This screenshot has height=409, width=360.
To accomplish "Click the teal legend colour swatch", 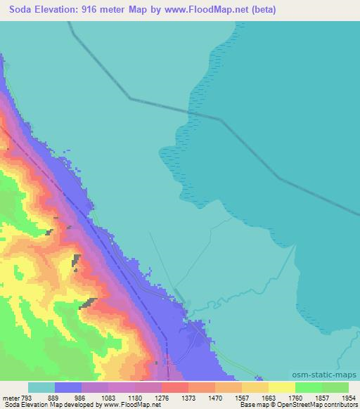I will [41, 388].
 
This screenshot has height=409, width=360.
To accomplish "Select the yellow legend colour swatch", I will [281, 388].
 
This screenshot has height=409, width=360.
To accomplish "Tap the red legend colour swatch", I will [174, 388].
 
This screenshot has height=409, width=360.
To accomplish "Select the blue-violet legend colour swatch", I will [68, 388].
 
